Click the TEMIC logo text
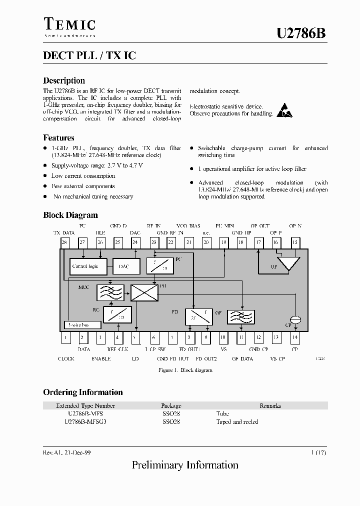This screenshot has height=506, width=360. (69, 24)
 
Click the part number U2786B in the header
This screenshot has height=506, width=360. (301, 33)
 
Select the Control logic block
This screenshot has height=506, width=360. (85, 266)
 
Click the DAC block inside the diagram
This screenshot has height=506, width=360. (124, 266)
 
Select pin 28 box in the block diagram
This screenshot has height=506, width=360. (64, 242)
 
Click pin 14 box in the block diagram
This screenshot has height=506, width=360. (295, 338)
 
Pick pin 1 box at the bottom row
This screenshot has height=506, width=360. (65, 338)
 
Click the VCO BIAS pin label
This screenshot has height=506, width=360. (188, 226)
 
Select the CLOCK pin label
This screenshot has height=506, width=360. (66, 358)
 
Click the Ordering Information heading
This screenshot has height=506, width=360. (83, 392)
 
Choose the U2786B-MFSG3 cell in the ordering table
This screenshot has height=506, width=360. (85, 421)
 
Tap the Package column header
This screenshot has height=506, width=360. (171, 406)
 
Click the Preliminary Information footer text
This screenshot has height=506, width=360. (185, 465)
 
